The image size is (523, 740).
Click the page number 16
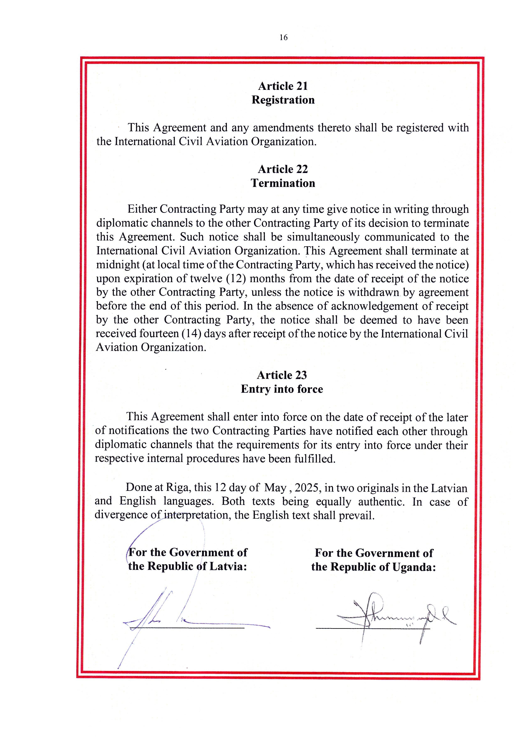283,38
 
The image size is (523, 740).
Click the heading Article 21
283,86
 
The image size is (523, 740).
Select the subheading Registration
283,100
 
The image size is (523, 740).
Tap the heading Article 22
283,169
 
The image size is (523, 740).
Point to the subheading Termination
283,183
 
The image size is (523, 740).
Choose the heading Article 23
282,375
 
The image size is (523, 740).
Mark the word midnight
118,265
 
